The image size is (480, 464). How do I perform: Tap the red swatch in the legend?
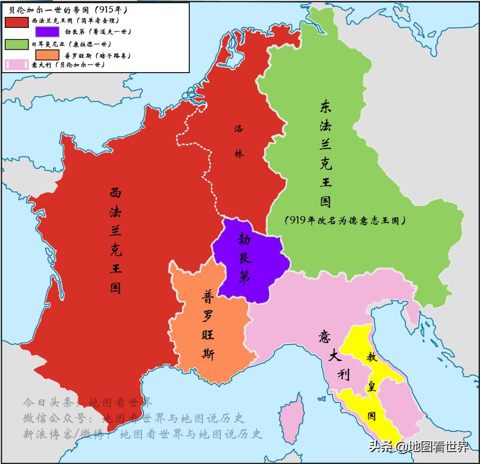tap(16, 21)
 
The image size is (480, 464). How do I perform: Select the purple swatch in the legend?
tap(47, 32)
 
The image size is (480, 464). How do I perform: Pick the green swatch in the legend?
tap(16, 44)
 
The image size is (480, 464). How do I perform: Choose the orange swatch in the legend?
tap(47, 55)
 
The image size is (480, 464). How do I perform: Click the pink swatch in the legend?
tap(16, 65)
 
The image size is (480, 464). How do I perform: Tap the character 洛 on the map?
tap(239, 128)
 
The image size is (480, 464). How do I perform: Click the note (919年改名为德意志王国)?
tap(345, 220)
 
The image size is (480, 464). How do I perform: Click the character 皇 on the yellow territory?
tap(371, 387)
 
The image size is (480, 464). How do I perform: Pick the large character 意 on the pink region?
tap(324, 337)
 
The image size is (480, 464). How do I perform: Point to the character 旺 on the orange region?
tap(208, 335)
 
